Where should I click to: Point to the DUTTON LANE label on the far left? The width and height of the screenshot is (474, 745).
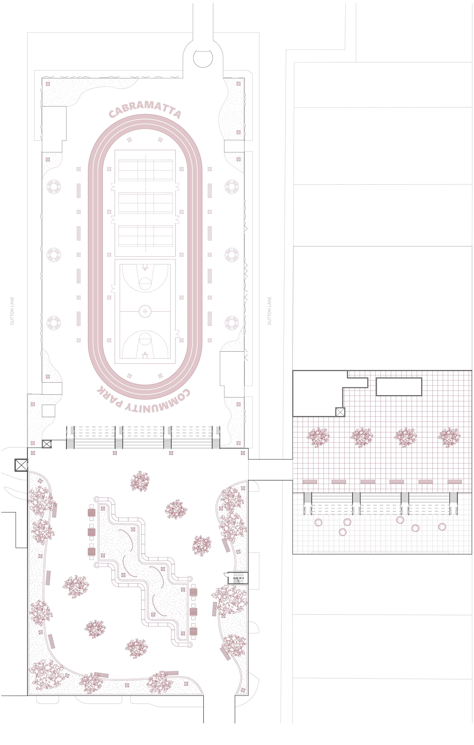coord(12,311)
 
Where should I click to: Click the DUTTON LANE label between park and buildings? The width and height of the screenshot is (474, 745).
coord(269,311)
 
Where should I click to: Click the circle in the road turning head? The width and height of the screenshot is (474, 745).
coord(203,58)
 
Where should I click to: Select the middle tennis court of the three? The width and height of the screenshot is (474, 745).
coord(145,203)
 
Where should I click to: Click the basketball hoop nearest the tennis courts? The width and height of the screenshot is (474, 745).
coord(145,267)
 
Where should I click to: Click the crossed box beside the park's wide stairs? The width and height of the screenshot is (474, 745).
coord(46,444)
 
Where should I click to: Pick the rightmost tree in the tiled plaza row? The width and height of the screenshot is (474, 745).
coord(449,437)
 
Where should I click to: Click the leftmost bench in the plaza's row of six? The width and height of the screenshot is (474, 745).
coord(310,482)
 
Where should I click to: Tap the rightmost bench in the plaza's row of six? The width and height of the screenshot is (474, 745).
coord(455,482)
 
